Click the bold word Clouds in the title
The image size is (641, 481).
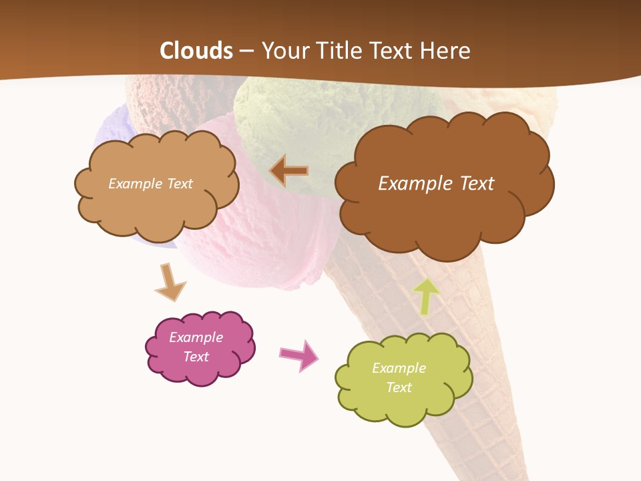pos(196,51)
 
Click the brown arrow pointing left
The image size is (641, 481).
pos(289,171)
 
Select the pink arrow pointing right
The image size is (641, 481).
pos(298,355)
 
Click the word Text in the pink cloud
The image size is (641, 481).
pos(196,357)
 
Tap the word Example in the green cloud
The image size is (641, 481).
pos(399,368)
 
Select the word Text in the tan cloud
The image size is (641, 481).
pos(178,184)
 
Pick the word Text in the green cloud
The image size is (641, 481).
pos(399,387)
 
